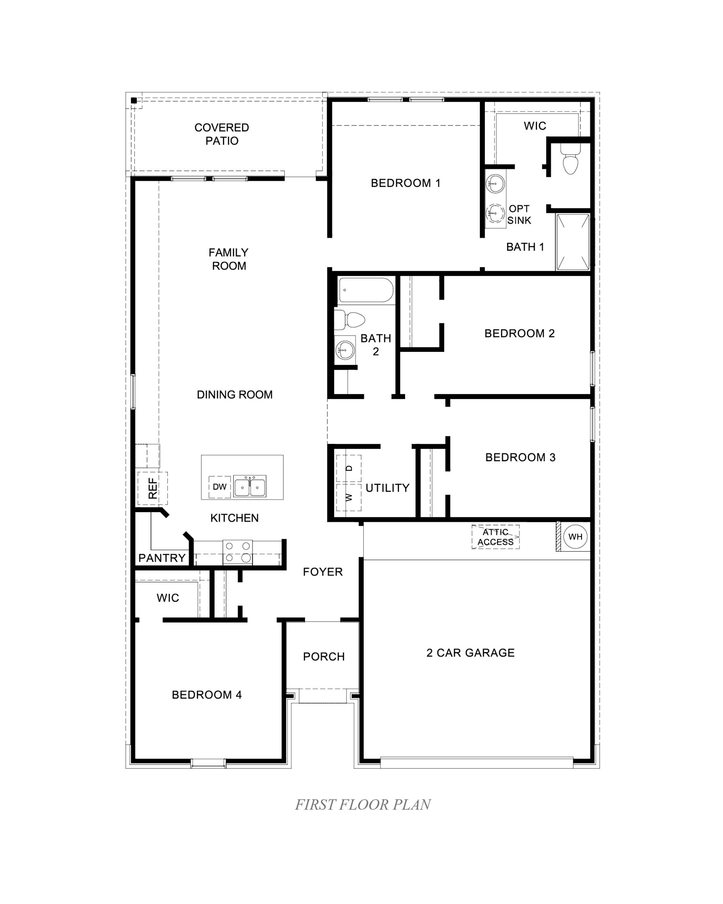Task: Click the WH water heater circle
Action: (575, 537)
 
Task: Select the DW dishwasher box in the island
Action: (220, 487)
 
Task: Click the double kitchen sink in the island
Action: (250, 486)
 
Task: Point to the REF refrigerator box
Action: (153, 488)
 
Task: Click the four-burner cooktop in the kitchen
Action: (238, 552)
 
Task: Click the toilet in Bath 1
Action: (570, 160)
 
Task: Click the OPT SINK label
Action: (519, 215)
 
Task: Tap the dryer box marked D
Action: (349, 468)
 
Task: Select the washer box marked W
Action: (349, 498)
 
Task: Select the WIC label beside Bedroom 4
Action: (168, 598)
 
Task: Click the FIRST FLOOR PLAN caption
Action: (363, 804)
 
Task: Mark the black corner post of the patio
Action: (134, 100)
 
